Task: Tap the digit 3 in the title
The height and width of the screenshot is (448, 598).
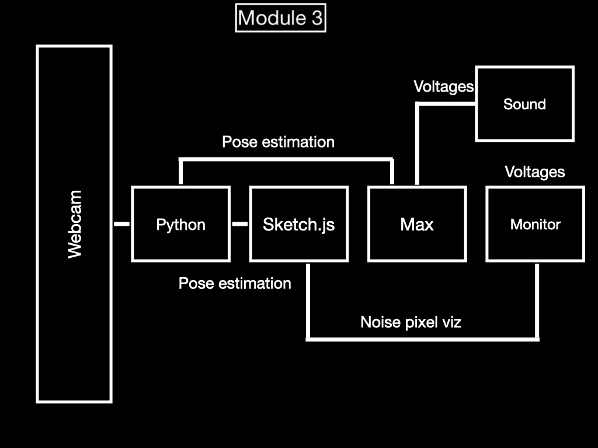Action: [x=316, y=18]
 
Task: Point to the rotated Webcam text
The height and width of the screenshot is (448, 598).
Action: [x=75, y=224]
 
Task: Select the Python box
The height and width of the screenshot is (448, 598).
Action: [x=180, y=224]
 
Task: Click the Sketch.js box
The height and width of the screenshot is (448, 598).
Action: [x=298, y=224]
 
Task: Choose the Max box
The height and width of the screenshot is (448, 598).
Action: [x=417, y=224]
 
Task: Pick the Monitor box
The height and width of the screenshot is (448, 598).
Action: [x=535, y=224]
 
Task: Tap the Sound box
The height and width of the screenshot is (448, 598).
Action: [x=524, y=104]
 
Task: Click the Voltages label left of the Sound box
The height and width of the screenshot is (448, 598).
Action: [x=443, y=87]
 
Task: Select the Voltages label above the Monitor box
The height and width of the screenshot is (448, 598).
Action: [x=534, y=172]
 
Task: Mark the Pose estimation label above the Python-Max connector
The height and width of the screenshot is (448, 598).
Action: [x=278, y=142]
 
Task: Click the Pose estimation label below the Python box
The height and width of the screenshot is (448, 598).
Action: [x=235, y=283]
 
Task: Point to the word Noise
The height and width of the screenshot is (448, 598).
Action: [x=380, y=322]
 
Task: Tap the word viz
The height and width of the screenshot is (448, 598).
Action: [x=451, y=322]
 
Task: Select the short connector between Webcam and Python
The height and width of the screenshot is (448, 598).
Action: [x=121, y=224]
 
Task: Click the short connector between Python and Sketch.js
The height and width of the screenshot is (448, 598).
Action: [x=240, y=224]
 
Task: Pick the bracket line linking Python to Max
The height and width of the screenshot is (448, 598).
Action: [x=286, y=159]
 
